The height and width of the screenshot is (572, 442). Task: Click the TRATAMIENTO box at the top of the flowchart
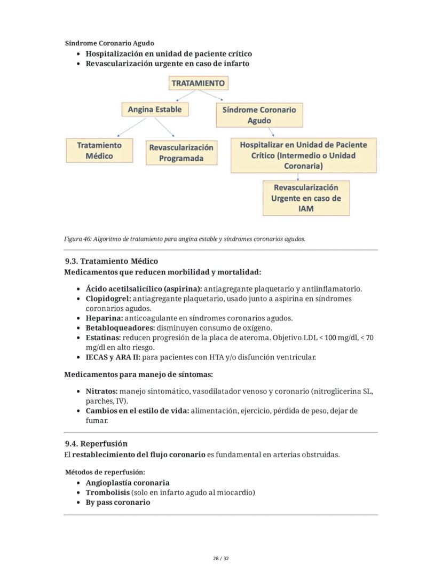tap(198, 83)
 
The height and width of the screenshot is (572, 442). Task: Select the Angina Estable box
tap(154, 109)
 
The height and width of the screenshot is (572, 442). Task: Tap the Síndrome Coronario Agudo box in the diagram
tap(259, 115)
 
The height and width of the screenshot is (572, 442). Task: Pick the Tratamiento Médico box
tap(99, 151)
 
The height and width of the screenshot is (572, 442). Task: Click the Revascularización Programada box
tap(181, 153)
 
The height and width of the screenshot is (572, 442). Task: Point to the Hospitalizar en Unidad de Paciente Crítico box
tap(303, 155)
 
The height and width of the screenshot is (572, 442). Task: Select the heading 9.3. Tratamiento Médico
tap(111, 261)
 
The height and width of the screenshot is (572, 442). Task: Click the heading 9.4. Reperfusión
tap(96, 443)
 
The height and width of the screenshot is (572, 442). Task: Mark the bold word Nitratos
tap(101, 391)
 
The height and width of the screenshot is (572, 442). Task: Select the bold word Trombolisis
tap(107, 492)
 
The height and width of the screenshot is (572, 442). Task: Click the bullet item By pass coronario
tap(117, 502)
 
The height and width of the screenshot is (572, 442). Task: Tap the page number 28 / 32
tap(220, 559)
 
